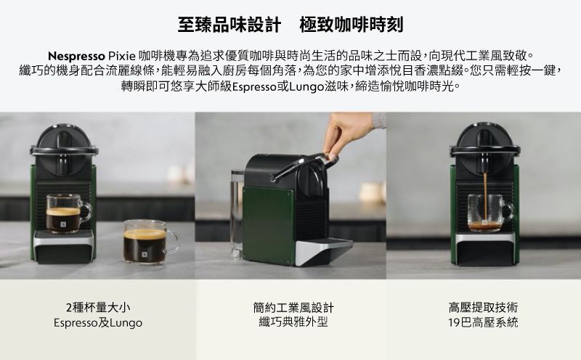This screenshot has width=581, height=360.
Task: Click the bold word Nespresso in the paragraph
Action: click(77, 56)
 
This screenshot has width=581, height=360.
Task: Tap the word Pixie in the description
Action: click(121, 56)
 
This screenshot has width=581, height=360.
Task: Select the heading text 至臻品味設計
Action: click(229, 25)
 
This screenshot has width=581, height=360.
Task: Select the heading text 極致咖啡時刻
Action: click(352, 25)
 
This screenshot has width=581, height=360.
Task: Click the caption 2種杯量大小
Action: click(98, 307)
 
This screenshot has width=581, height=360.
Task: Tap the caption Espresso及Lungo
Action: click(98, 322)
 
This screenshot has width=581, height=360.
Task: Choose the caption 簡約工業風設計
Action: click(293, 307)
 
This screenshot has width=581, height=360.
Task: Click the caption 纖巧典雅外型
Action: click(293, 322)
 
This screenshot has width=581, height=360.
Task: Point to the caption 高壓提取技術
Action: click(483, 307)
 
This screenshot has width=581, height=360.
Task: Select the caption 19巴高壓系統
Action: click(483, 322)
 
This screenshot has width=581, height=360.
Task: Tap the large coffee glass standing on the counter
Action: click(150, 242)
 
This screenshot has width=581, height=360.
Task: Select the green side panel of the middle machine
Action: click(267, 225)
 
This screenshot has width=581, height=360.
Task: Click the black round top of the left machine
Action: click(64, 150)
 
